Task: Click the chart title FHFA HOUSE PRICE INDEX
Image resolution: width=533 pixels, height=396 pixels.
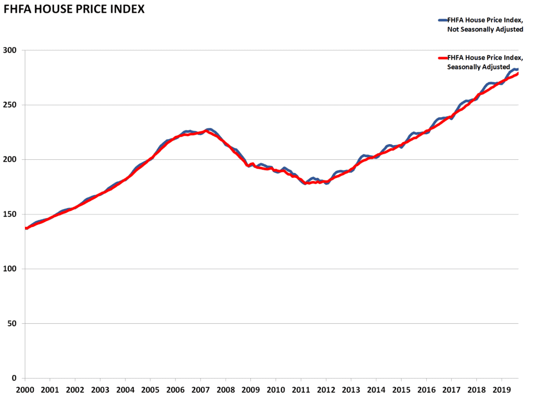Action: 74,9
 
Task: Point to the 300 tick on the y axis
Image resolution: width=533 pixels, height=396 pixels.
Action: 11,50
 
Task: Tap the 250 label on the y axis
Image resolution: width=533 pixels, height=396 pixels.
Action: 11,105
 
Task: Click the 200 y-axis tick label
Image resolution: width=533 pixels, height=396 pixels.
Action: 11,160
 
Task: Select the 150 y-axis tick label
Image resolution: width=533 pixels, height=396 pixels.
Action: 11,214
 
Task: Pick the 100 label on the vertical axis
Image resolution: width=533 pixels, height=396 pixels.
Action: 11,269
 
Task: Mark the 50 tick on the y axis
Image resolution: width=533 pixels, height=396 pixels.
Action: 13,324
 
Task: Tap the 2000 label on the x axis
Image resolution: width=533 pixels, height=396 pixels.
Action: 24,389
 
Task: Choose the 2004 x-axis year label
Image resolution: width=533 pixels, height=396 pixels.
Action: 125,389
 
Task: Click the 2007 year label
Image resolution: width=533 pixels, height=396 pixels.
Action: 200,389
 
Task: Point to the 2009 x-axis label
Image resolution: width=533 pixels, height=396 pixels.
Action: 251,389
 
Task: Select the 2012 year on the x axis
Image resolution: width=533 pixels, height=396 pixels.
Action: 326,389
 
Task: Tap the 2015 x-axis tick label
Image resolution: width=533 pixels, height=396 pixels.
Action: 401,389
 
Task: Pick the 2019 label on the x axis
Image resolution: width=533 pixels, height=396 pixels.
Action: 502,389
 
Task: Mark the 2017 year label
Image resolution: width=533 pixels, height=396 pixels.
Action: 452,389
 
